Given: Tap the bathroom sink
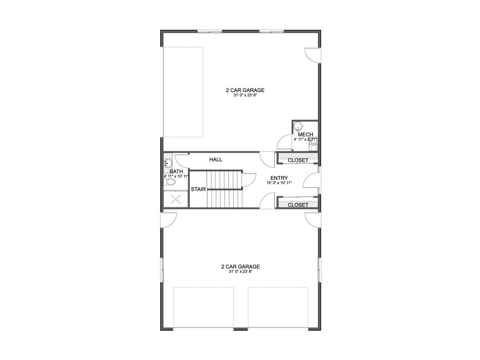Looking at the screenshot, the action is (168, 163).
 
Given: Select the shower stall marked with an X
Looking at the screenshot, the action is (176, 199).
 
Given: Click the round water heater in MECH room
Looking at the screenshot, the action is (298, 126).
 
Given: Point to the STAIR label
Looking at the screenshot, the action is (198, 189).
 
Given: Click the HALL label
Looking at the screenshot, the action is (216, 160).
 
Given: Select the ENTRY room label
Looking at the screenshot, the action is (279, 178).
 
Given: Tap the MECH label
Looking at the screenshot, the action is (305, 134).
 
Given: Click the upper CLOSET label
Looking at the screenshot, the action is (298, 160).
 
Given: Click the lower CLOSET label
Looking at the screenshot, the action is (298, 205).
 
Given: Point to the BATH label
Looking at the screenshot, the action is (176, 172).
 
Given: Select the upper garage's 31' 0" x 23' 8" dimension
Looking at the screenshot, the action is (245, 95).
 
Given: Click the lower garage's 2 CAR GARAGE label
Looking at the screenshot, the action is (241, 267).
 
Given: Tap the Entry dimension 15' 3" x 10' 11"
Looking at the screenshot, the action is (279, 183).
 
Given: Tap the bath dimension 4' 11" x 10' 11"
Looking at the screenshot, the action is (176, 176).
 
